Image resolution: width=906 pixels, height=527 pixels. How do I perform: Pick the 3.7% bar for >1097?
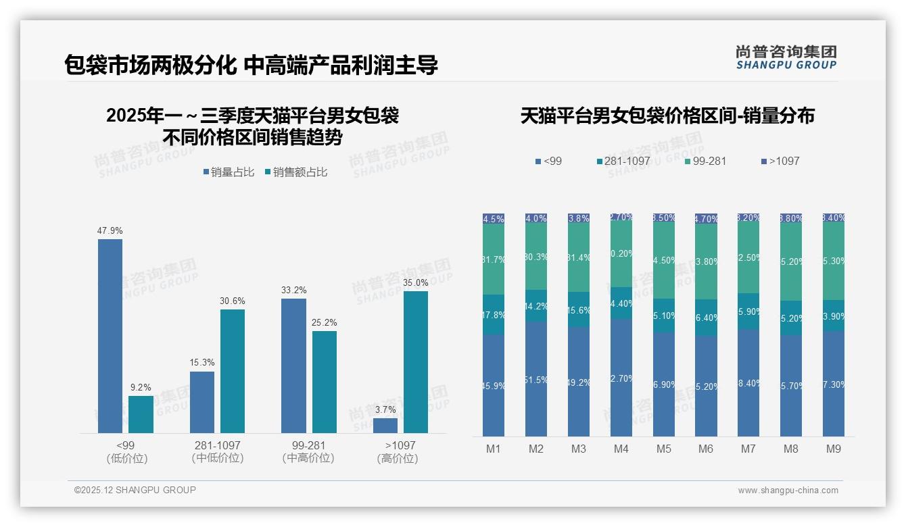[x=385, y=426]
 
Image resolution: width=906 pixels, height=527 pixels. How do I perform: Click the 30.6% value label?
[x=233, y=301]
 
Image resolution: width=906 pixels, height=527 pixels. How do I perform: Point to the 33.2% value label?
[x=293, y=290]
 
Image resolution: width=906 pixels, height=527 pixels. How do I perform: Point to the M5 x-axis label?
[x=663, y=449]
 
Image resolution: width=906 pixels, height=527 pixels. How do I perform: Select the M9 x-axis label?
[x=834, y=449]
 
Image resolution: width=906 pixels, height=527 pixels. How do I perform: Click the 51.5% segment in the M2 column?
[x=536, y=379]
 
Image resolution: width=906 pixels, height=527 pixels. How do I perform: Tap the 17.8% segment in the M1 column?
[x=494, y=314]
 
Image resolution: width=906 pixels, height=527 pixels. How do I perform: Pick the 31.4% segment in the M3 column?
[x=579, y=257]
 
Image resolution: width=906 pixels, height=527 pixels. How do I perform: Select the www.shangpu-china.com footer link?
[x=788, y=491]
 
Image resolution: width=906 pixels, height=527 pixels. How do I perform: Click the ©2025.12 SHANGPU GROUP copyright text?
[x=135, y=490]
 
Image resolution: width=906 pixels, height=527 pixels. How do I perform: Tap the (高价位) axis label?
[x=398, y=458]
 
